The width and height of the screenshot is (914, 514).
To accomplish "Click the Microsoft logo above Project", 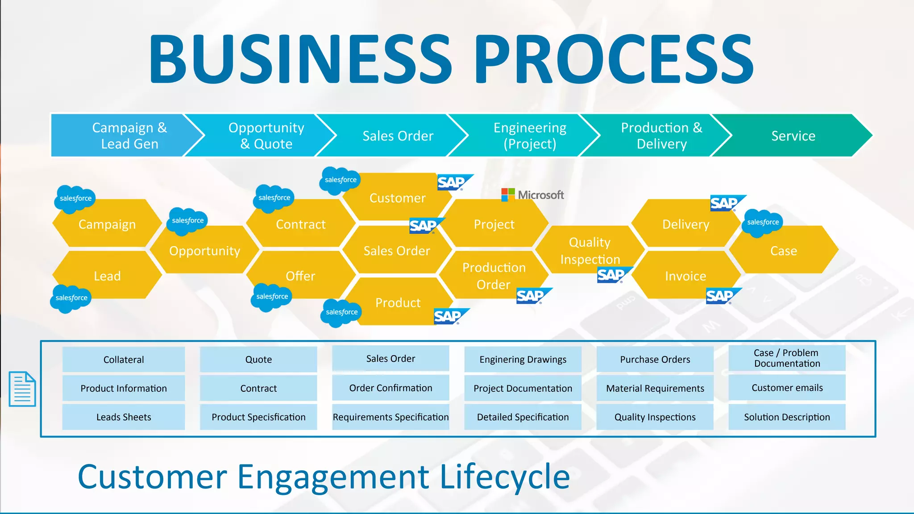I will tap(532, 195).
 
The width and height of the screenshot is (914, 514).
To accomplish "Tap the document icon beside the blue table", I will tap(22, 389).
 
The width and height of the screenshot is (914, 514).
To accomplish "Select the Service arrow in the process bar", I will tap(793, 136).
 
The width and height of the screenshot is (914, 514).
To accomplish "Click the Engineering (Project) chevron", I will tap(529, 136).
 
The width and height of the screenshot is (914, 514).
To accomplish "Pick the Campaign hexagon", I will tap(107, 224).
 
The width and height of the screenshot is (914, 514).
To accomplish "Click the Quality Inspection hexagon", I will tap(590, 250).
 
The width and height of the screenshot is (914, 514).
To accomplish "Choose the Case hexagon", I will tap(783, 250).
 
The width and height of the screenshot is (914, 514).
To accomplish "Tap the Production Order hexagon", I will tap(494, 276).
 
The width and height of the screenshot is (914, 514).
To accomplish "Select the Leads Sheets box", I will tap(124, 417).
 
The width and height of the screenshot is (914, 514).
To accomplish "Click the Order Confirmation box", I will tap(391, 388).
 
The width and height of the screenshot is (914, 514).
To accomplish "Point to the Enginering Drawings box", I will tap(523, 360).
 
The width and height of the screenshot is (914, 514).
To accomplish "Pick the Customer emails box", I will tap(787, 388).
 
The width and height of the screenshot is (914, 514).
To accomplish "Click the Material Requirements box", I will tap(655, 388).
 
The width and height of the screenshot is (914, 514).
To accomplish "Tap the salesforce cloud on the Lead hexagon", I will tap(71, 298).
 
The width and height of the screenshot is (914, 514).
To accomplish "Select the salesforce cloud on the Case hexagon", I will tap(762, 222).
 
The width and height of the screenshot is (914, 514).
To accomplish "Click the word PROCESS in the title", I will tap(613, 59).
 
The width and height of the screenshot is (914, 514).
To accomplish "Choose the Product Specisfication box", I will tap(258, 417).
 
